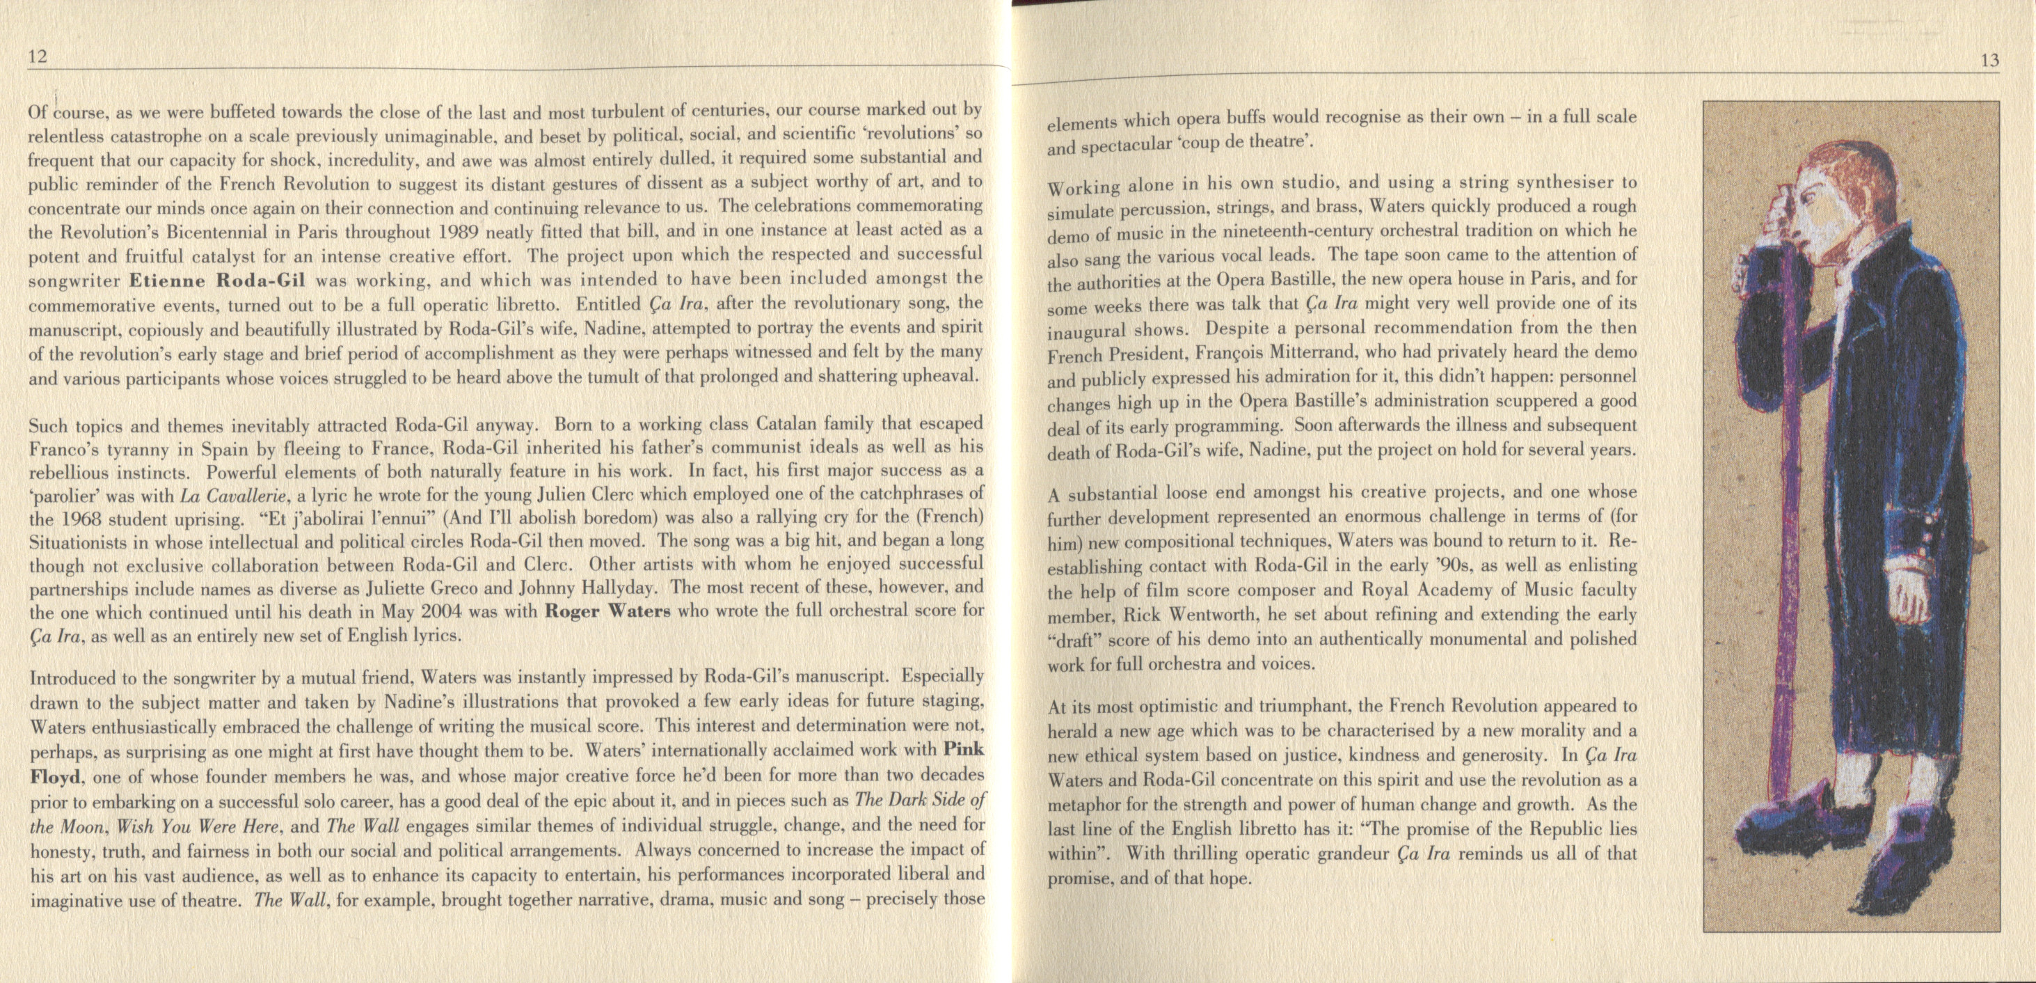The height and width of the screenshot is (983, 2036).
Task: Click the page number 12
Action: point(38,56)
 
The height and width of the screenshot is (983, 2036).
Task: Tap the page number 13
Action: point(1990,61)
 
